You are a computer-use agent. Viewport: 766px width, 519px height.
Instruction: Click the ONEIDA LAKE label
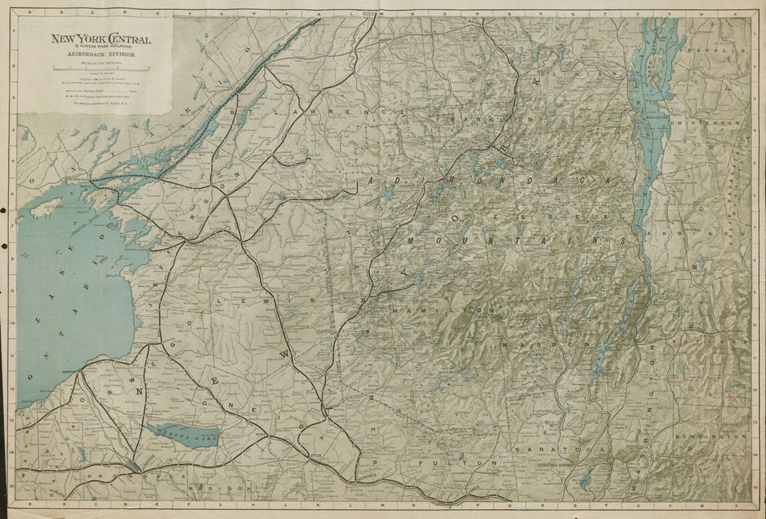182,434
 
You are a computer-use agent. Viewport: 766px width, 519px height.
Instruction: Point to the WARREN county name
529,346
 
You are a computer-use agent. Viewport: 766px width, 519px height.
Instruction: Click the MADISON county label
219,488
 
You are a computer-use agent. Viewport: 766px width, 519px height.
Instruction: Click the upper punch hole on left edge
4,208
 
